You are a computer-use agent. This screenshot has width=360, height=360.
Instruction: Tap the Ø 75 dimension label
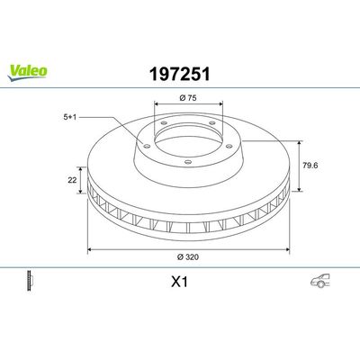186,96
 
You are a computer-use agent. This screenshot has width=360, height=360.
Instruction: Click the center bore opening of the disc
186,135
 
